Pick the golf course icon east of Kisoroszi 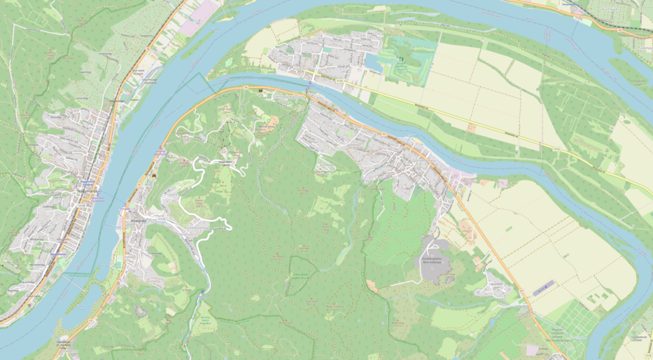pos(402,59)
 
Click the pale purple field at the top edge pos(196,20)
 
